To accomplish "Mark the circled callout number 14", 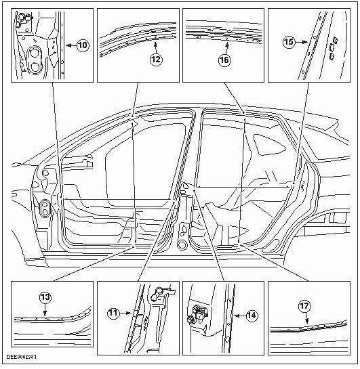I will click(x=251, y=315).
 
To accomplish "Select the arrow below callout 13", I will click(x=45, y=311).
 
